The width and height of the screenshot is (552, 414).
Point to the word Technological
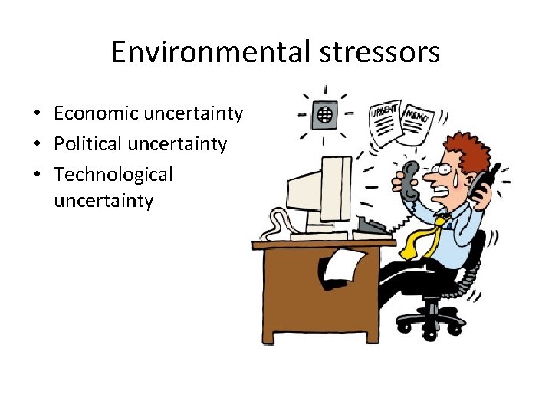[113, 175]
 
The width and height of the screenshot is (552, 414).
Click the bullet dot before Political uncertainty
[38, 145]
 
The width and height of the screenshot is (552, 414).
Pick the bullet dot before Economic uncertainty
[38, 114]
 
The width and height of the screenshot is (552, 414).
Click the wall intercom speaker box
[325, 115]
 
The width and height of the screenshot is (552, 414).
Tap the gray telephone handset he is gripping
[406, 181]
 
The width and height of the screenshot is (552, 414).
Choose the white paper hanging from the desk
[340, 267]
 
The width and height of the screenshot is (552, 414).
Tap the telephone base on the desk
[373, 225]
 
